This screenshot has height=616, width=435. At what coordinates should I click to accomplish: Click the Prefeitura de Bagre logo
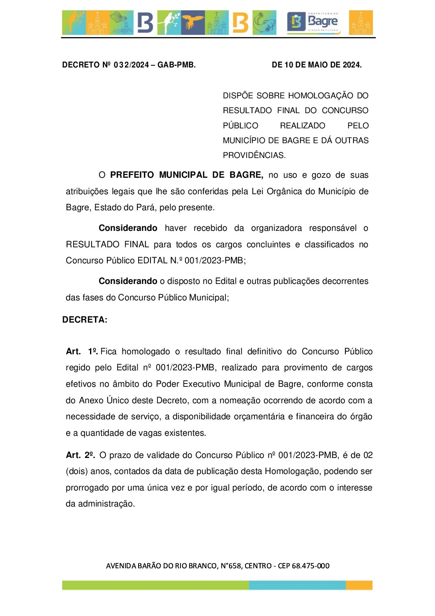coord(313,23)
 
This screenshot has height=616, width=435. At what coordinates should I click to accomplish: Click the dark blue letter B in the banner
coord(145,23)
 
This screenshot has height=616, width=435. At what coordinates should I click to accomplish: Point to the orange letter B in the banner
coord(240,23)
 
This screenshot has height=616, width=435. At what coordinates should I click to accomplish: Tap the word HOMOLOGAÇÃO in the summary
coord(321,96)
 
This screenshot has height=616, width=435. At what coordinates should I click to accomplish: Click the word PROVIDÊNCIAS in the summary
coord(254,156)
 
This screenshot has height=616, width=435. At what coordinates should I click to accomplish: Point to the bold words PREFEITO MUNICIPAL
coord(159,175)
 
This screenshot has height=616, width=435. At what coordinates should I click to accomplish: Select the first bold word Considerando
coord(128,228)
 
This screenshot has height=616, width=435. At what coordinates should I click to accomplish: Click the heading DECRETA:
coord(85,320)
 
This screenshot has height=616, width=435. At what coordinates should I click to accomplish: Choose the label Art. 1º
coord(81,351)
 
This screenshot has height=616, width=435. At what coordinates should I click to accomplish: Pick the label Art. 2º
coord(81,455)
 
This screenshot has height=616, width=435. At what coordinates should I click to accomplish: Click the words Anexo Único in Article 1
coord(104,400)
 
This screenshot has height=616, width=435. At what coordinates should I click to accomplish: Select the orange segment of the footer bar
coord(359,585)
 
